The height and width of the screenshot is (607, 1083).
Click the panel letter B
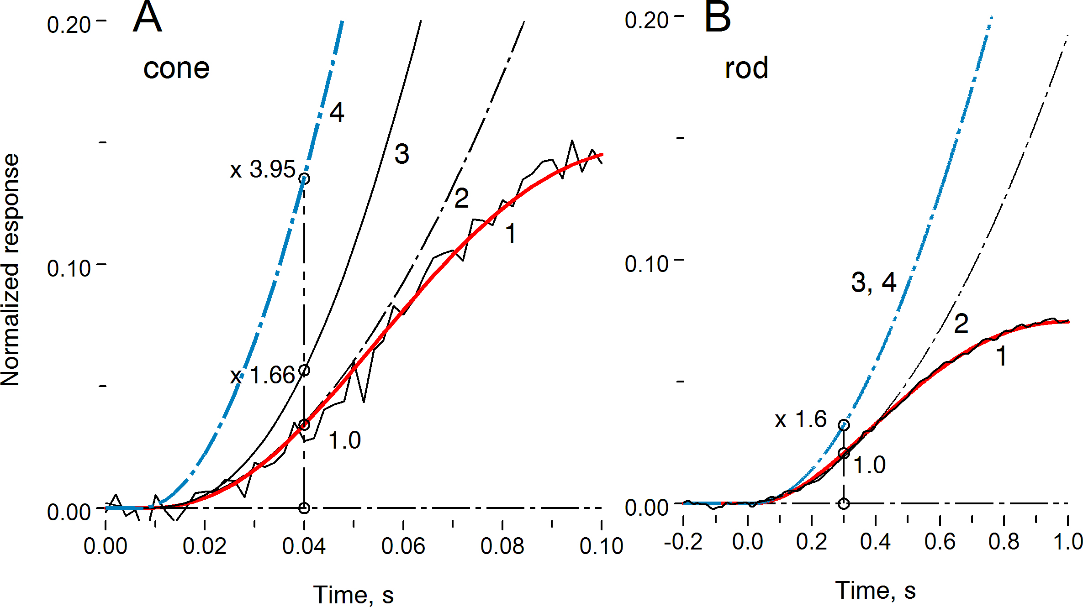pos(718,17)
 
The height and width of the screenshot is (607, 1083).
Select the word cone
pos(176,68)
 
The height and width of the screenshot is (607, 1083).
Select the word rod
pos(746,68)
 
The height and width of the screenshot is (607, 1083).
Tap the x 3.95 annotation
pos(263,169)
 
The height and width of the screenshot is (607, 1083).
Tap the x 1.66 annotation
pos(263,376)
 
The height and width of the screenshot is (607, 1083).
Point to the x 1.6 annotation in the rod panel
pos(801,419)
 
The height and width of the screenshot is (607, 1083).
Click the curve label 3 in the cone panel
pos(402,154)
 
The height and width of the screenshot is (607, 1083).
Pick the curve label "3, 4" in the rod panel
pos(873,282)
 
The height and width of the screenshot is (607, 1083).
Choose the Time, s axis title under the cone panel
pos(353,595)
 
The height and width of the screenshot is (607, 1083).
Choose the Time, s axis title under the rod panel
pos(875,590)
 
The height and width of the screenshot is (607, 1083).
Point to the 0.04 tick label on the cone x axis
pos(304,546)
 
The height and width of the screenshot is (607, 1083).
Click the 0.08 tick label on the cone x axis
pos(502,546)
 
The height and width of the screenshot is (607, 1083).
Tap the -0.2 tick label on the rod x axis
pos(683,542)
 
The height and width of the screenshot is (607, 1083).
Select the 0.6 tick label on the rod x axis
pos(940,542)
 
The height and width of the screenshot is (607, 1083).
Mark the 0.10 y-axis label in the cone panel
pos(69,268)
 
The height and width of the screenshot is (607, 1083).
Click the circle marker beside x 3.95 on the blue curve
pos(304,178)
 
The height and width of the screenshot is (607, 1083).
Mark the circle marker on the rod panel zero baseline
pos(844,503)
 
